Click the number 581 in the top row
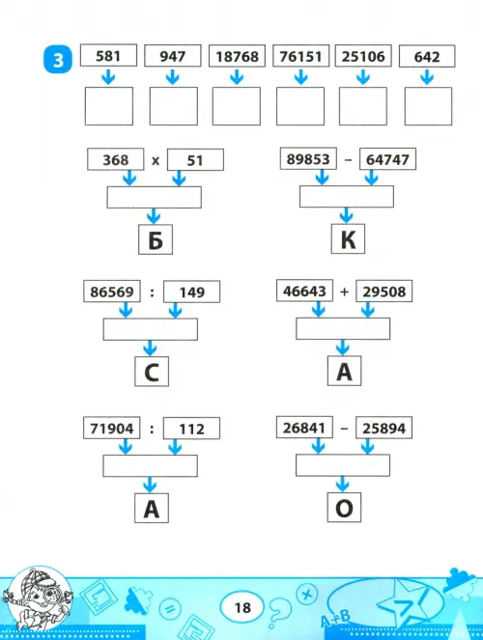[108, 56]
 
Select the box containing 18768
[237, 56]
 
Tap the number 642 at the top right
[427, 57]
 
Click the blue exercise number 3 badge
[58, 60]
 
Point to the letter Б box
[156, 239]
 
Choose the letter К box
[348, 238]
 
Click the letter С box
[152, 372]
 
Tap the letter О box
[344, 508]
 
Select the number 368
[116, 159]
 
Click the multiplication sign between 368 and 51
[156, 160]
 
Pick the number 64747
[387, 159]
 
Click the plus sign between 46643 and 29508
[344, 292]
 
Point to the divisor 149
[192, 292]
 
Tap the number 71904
[111, 429]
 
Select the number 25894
[384, 429]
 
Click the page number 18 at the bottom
[242, 608]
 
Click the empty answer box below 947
[174, 106]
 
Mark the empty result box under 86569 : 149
[151, 329]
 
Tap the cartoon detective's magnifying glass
[52, 593]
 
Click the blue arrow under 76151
[300, 76]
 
